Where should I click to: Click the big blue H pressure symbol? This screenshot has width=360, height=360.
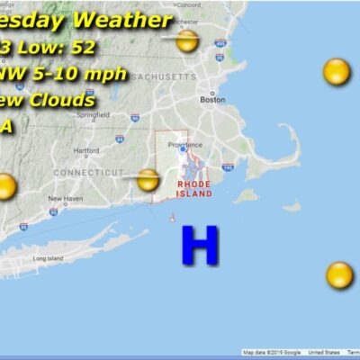pyautogui.click(x=200, y=245)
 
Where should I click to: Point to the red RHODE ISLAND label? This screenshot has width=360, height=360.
pyautogui.click(x=195, y=189)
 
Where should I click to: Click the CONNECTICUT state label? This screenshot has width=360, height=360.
pyautogui.click(x=88, y=172)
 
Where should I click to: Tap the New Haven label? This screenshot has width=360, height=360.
pyautogui.click(x=66, y=199)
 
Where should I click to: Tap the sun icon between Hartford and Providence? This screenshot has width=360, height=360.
pyautogui.click(x=148, y=180)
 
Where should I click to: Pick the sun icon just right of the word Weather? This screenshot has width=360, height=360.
pyautogui.click(x=187, y=40)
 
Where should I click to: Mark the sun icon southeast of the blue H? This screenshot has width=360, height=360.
pyautogui.click(x=339, y=274)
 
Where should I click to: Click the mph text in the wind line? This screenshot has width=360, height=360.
pyautogui.click(x=105, y=73)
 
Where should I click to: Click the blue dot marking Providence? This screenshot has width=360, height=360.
pyautogui.click(x=183, y=150)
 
